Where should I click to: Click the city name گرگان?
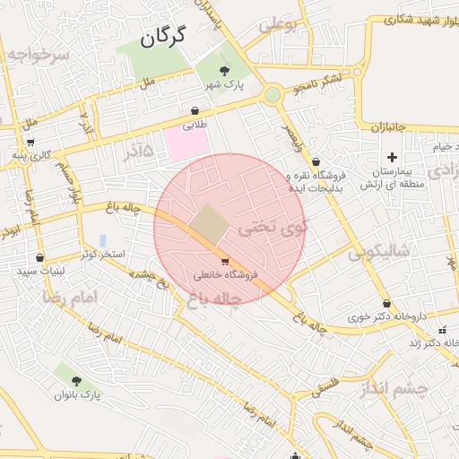(x=162, y=37)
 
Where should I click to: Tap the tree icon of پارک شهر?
(x=224, y=69)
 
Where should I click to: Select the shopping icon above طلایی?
(x=195, y=111)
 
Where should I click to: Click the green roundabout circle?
(x=272, y=94)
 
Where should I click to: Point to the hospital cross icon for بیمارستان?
(x=392, y=157)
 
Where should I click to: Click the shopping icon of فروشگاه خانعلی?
(x=212, y=261)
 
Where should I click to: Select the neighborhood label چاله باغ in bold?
(x=210, y=300)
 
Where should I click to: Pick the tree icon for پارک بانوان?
(x=75, y=380)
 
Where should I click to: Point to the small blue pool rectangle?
(x=103, y=241)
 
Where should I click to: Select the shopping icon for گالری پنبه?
(x=31, y=142)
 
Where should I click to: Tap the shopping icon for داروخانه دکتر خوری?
(x=386, y=304)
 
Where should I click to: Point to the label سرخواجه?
(x=38, y=54)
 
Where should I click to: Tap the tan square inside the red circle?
(x=210, y=223)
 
